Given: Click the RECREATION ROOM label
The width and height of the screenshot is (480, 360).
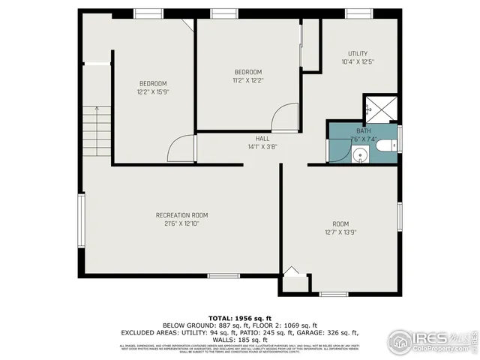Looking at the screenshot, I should point(181,214).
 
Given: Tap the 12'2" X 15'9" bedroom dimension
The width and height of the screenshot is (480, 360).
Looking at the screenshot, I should point(152,91).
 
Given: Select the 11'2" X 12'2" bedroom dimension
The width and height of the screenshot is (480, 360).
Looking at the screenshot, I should point(247,79).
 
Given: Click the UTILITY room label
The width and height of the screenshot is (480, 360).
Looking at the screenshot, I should point(357,53).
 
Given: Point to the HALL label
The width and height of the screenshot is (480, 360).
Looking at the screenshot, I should point(262,139).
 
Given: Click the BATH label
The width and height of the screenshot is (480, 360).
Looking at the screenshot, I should point(363,130).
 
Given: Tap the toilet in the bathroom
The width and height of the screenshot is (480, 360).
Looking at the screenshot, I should point(387,145).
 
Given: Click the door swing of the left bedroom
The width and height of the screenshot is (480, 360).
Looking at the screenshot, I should point(181,149).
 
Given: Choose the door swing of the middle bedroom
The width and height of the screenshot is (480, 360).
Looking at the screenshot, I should point(286,118).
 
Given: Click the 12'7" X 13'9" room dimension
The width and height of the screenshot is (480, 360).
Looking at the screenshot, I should point(340,232).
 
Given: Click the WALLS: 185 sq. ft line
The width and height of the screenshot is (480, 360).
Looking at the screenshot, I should point(239,339).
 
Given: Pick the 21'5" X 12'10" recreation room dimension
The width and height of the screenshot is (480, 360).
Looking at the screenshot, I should point(181,223).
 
